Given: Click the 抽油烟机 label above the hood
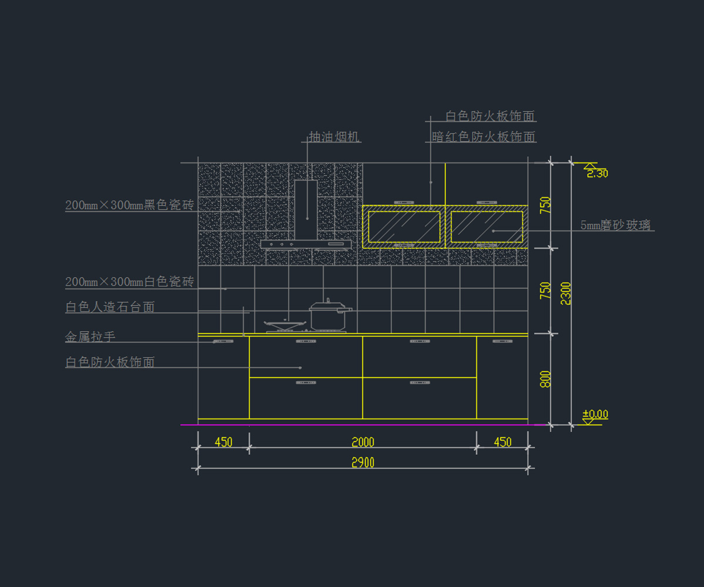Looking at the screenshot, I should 334,137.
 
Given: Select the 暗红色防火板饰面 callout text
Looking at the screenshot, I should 484,137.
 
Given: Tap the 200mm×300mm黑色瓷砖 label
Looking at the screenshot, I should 129,205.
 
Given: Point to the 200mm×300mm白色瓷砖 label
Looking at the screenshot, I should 129,282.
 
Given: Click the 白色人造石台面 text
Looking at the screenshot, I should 110,307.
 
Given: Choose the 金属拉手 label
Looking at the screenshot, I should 90,337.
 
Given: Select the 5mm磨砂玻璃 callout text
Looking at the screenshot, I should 615,225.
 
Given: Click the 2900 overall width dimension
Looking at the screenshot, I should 363,463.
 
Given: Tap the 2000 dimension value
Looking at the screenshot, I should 363,442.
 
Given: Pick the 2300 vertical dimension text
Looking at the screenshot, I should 566,293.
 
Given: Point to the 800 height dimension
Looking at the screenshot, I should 546,379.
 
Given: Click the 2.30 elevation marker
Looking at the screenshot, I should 597,173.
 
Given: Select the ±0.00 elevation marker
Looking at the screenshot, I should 595,414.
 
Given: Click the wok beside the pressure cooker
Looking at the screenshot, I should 286,323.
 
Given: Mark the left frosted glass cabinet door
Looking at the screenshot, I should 404,227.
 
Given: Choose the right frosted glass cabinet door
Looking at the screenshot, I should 486,227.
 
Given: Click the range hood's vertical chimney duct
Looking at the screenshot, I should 306,208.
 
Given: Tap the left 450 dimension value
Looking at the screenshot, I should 224,442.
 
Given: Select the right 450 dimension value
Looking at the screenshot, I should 503,442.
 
